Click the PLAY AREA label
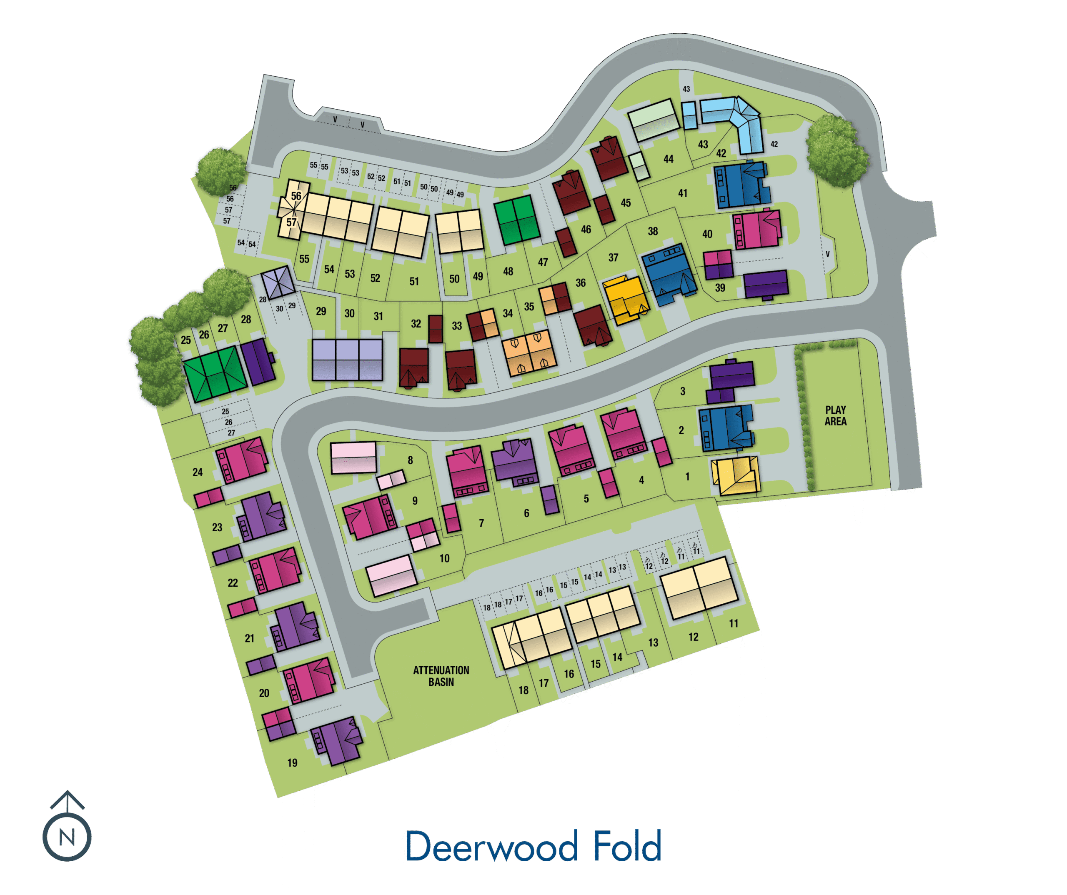[x=835, y=415]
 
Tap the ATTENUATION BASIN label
[x=441, y=676]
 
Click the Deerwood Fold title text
[x=533, y=846]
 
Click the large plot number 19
[x=292, y=762]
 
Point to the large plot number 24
[x=198, y=472]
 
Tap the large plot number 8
[x=411, y=460]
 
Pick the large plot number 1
[x=687, y=476]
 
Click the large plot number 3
[x=683, y=391]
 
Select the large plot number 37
[x=613, y=257]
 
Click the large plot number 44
[x=669, y=159]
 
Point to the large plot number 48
[x=508, y=271]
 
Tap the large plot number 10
[x=445, y=558]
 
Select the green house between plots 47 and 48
[x=516, y=220]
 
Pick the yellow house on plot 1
[x=735, y=475]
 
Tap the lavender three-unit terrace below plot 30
[x=348, y=360]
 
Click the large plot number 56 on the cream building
[x=296, y=196]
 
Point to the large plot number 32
[x=416, y=324]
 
